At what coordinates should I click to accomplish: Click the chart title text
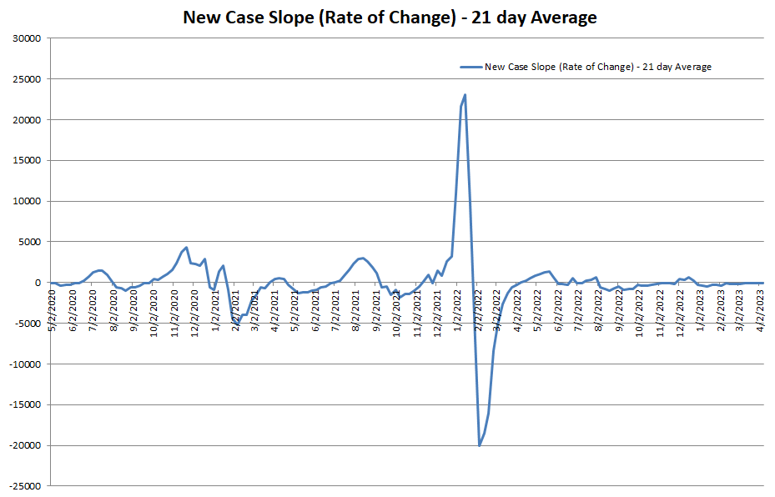pos(390,18)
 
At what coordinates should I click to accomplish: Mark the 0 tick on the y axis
pos(38,283)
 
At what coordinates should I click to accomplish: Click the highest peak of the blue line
pos(465,95)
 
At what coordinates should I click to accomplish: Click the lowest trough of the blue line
pos(480,445)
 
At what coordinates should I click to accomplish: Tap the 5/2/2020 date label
pos(52,309)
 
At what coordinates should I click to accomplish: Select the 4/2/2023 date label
pos(761,309)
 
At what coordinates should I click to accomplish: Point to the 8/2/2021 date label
pos(356,309)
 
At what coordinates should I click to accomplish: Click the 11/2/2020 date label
pos(174,309)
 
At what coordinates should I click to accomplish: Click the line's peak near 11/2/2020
pos(186,247)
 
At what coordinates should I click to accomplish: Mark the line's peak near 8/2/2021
pos(362,258)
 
